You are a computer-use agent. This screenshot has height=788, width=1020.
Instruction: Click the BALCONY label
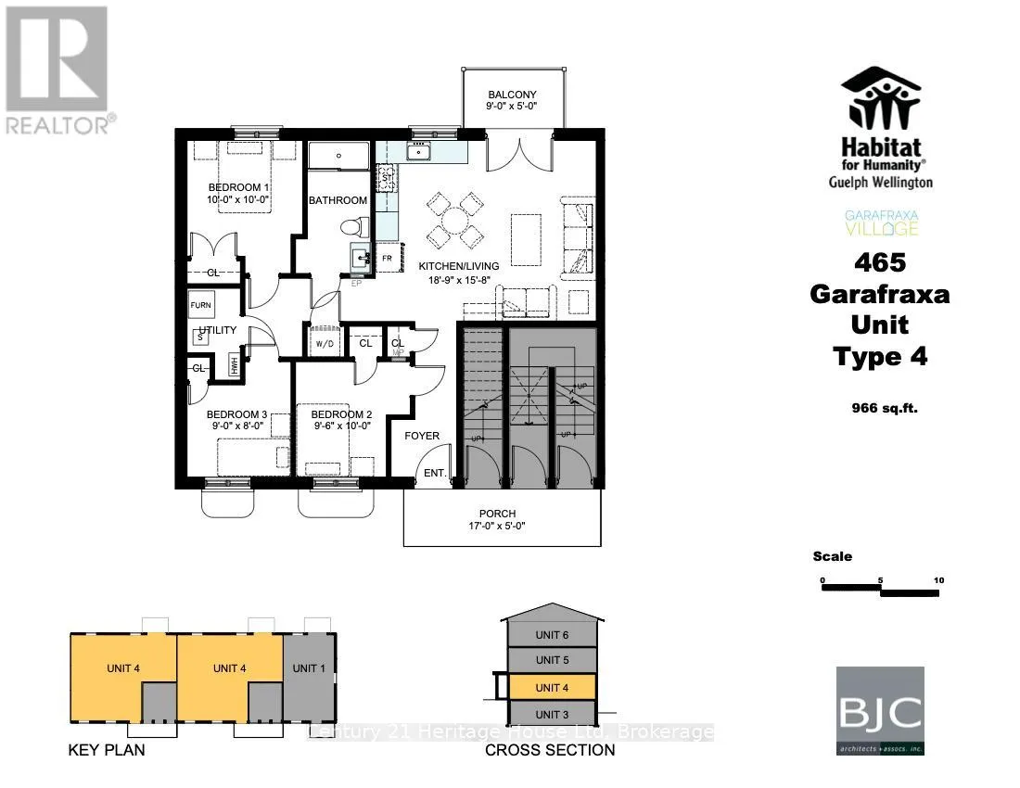[513, 95]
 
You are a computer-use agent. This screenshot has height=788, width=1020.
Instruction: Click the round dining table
[455, 220]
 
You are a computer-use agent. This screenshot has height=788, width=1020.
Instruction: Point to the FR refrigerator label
[387, 258]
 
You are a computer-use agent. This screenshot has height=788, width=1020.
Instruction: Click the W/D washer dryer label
[325, 344]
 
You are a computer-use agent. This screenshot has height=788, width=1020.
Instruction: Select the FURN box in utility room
[201, 305]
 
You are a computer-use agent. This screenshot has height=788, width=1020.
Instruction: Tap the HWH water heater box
[235, 365]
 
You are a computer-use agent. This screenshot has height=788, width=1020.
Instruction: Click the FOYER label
[422, 436]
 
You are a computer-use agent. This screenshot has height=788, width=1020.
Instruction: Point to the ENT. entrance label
[435, 474]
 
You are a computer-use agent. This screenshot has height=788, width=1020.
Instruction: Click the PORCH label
[497, 514]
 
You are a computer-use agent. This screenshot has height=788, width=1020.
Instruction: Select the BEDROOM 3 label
[236, 414]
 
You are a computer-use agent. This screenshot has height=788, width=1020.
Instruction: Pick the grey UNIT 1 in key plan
[308, 668]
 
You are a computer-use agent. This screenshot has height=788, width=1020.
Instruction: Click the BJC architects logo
[880, 711]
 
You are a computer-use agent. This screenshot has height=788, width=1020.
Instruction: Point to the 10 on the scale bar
[938, 580]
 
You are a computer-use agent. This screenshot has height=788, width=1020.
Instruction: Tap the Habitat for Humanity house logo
[880, 99]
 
